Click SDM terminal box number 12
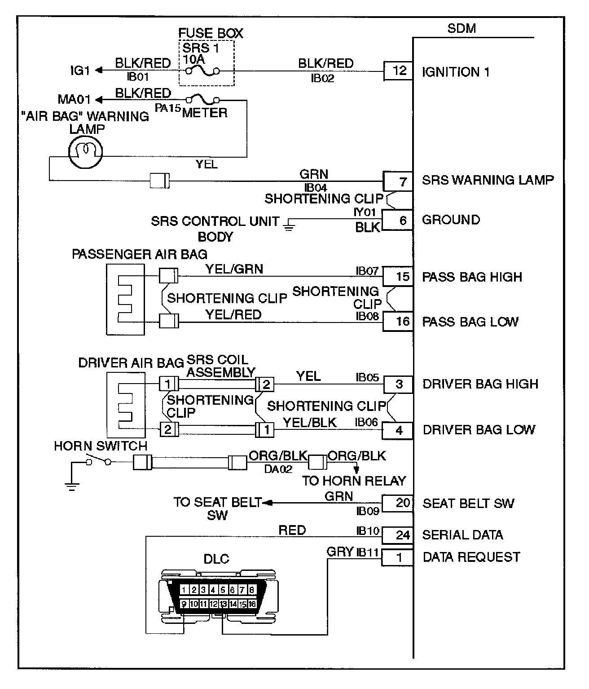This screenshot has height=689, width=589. pyautogui.click(x=398, y=71)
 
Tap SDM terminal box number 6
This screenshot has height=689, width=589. pyautogui.click(x=397, y=220)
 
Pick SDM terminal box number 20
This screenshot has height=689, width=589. pyautogui.click(x=397, y=503)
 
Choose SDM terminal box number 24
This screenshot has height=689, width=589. pyautogui.click(x=397, y=535)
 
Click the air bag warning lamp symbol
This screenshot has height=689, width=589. pyautogui.click(x=86, y=152)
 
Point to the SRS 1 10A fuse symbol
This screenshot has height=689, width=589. pyautogui.click(x=202, y=71)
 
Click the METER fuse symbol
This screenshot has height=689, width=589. pyautogui.click(x=202, y=99)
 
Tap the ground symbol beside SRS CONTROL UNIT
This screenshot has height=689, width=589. pyautogui.click(x=289, y=224)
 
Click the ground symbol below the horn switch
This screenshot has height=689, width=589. pyautogui.click(x=72, y=486)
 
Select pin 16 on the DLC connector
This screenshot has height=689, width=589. pyautogui.click(x=252, y=604)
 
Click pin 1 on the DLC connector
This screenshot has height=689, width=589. pyautogui.click(x=184, y=590)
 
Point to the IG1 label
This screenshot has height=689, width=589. pyautogui.click(x=80, y=71)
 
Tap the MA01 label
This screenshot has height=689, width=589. pyautogui.click(x=74, y=99)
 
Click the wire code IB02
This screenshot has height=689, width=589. pyautogui.click(x=322, y=78)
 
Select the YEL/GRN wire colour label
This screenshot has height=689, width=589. pyautogui.click(x=234, y=269)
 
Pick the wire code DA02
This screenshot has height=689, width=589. pyautogui.click(x=278, y=469)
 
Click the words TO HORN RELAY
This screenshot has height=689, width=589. pyautogui.click(x=354, y=481)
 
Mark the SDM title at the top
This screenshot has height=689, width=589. pyautogui.click(x=462, y=28)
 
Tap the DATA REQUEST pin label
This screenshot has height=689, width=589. pyautogui.click(x=471, y=557)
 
